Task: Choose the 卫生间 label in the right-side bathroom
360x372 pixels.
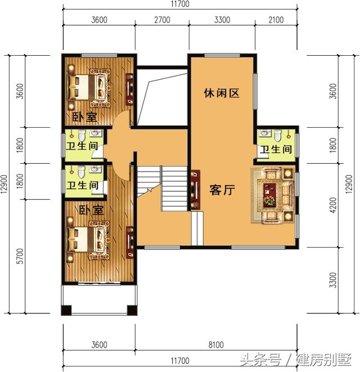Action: pyautogui.click(x=276, y=150)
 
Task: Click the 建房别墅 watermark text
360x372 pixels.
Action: pyautogui.click(x=323, y=359)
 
